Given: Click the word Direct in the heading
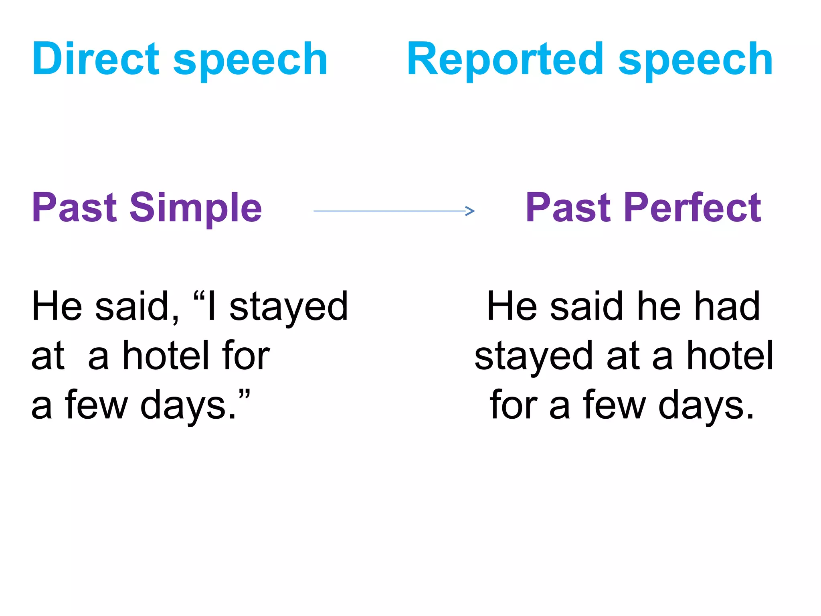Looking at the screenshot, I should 96,59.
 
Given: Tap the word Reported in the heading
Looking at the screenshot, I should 505,59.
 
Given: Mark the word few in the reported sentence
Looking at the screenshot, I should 615,405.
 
